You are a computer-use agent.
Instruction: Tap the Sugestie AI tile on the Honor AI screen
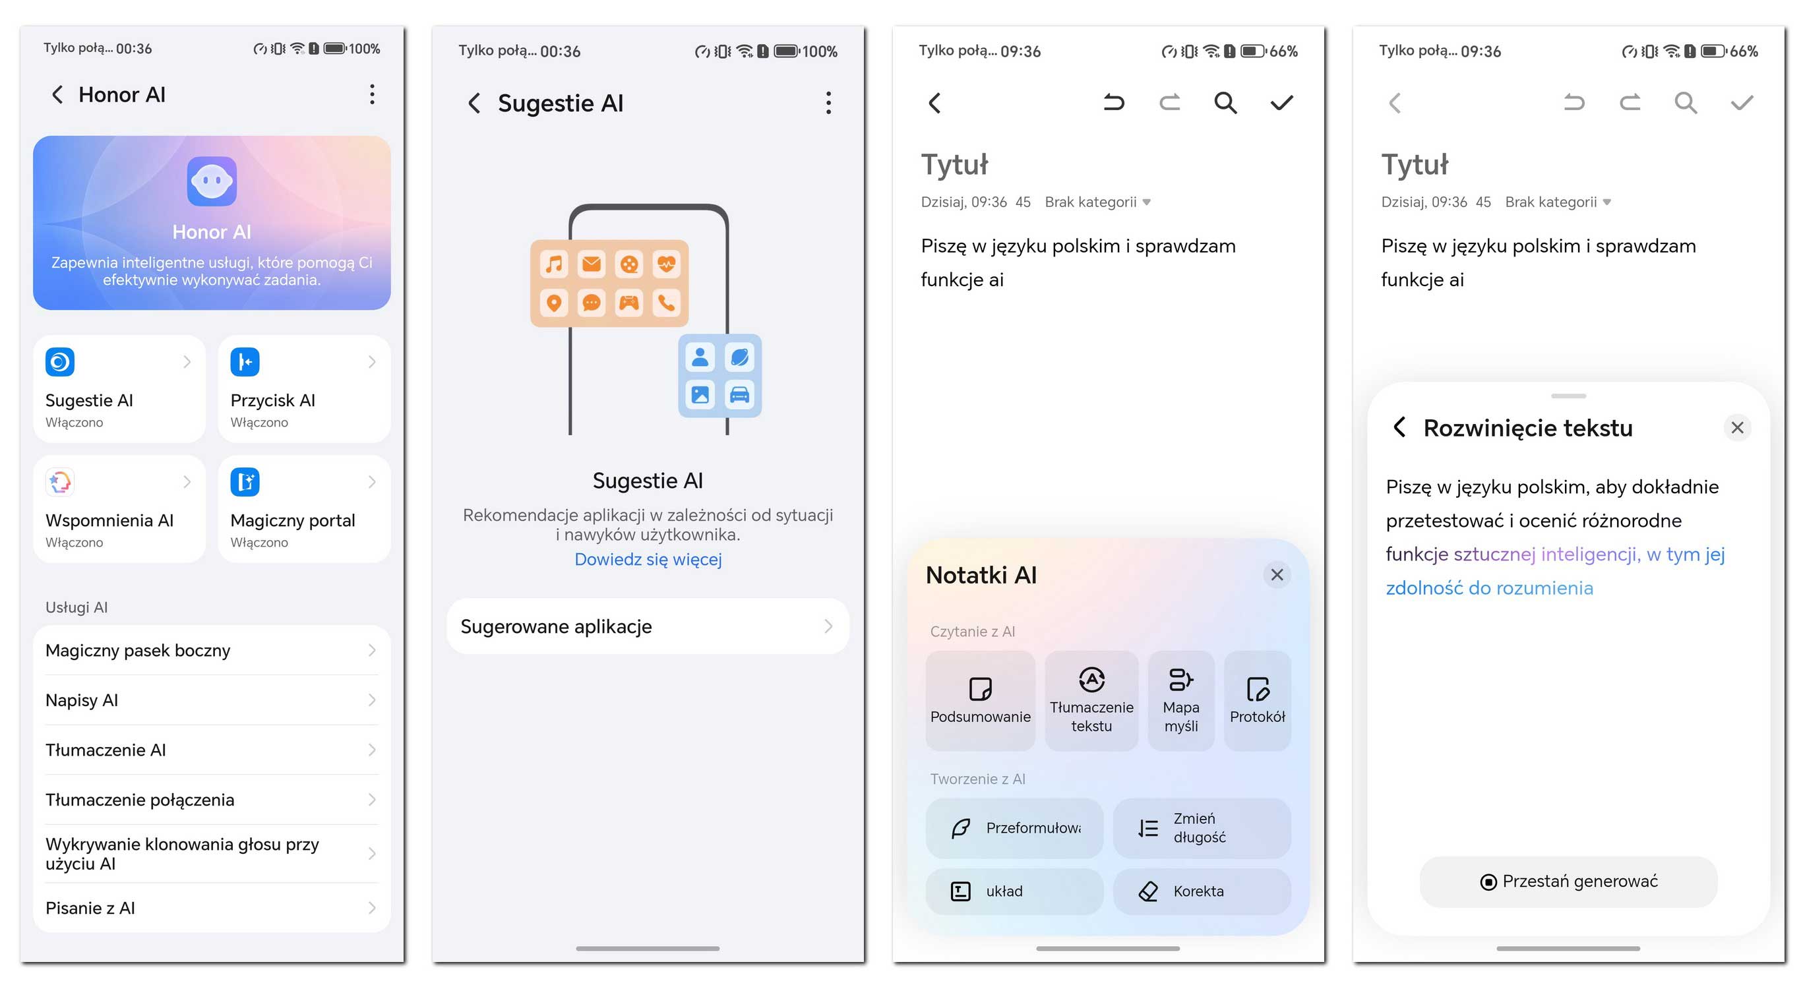coord(119,388)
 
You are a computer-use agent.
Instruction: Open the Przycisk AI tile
coord(305,388)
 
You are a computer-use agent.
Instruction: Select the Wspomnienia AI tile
coord(119,509)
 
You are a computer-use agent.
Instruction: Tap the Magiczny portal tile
coord(305,509)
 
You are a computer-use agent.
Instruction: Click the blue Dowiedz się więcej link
coord(648,559)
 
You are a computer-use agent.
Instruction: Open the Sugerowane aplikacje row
coord(648,626)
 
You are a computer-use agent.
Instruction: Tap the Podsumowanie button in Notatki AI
coord(980,701)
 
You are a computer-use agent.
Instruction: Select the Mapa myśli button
coord(1180,701)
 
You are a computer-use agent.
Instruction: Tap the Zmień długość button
coord(1201,828)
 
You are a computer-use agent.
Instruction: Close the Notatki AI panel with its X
coord(1277,575)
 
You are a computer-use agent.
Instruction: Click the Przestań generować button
coord(1568,882)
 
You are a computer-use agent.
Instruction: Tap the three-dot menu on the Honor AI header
coord(372,94)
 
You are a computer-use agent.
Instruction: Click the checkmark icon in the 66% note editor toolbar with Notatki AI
coord(1281,104)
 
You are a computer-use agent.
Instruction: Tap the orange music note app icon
coord(554,264)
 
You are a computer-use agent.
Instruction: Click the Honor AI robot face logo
coord(212,181)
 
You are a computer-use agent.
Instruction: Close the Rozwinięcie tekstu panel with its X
coord(1736,428)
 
